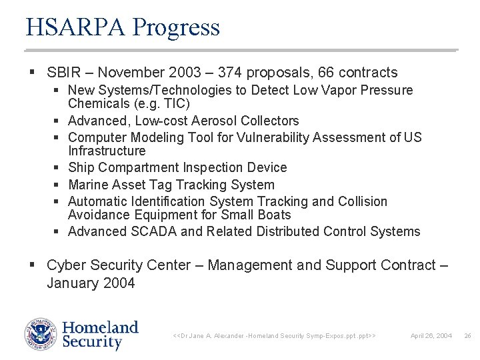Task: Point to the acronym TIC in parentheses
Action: pos(177,104)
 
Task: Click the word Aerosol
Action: pos(215,121)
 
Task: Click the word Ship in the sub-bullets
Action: pos(81,168)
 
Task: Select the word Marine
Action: pos(89,185)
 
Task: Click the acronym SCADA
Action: pos(156,231)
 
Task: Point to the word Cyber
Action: pos(65,265)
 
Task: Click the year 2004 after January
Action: pos(119,283)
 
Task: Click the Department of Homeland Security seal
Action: pos(41,335)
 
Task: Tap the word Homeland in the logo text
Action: pos(100,327)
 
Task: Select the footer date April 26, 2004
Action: pos(431,335)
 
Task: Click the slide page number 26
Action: pos(467,335)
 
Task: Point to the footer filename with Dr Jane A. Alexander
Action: pos(274,335)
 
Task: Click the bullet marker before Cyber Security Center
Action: pos(33,265)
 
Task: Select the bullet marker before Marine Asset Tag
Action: pos(59,185)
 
